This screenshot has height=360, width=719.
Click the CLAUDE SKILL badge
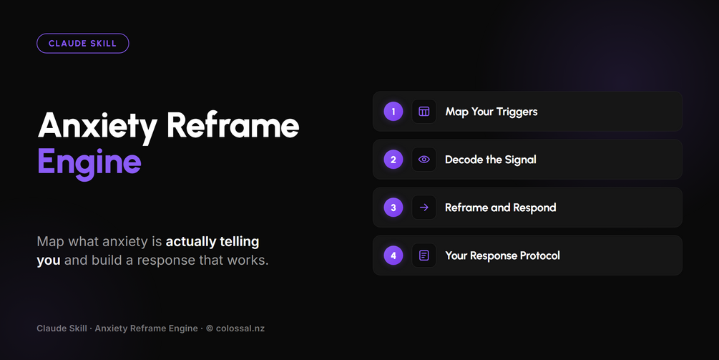tap(82, 44)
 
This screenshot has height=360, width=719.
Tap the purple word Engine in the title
tap(89, 162)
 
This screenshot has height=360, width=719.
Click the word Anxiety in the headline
tap(98, 126)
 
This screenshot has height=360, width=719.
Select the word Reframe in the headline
tap(233, 125)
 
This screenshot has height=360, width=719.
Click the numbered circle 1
tap(393, 112)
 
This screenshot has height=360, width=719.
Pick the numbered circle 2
tap(393, 160)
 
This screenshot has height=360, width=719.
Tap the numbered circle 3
tap(393, 208)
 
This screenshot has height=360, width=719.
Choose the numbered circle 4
tap(393, 256)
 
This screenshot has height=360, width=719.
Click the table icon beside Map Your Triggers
tap(424, 112)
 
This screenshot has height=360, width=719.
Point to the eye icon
tap(424, 160)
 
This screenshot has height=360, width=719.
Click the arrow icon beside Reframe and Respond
tap(424, 208)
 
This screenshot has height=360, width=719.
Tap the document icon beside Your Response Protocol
tap(424, 256)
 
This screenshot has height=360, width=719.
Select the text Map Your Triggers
tap(491, 112)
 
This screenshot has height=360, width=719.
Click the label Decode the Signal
tap(491, 160)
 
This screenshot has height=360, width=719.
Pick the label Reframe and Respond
tap(501, 208)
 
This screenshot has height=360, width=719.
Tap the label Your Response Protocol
tap(502, 256)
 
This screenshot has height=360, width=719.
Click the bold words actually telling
tap(212, 242)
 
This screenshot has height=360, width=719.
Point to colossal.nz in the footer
tap(240, 329)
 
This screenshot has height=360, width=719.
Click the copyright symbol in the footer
tap(210, 329)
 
